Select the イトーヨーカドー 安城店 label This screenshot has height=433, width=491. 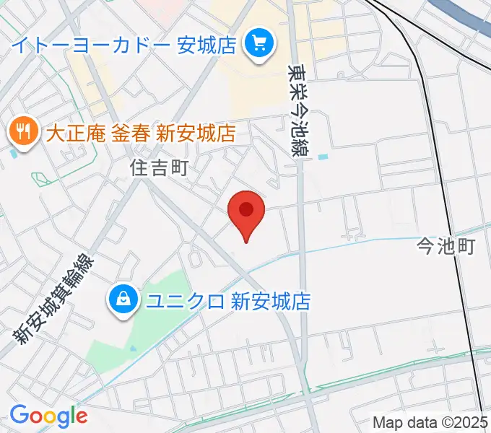tap(124, 45)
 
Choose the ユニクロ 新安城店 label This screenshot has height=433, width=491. tap(228, 300)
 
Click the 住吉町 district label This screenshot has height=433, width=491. tap(159, 168)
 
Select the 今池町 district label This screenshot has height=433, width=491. tap(446, 247)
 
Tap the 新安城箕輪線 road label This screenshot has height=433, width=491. tap(55, 299)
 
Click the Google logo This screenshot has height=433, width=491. tap(48, 416)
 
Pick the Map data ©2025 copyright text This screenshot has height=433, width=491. tap(430, 421)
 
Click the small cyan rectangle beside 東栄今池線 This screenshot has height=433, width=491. tap(322, 156)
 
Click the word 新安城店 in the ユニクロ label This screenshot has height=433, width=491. tap(270, 300)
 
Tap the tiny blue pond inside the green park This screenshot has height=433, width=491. tap(134, 349)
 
